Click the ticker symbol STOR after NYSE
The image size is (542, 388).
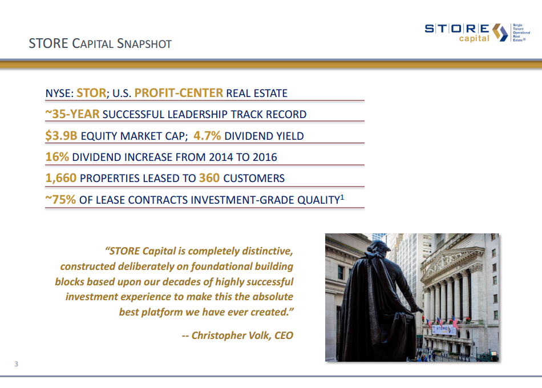click(91, 93)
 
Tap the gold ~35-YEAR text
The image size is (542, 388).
click(72, 114)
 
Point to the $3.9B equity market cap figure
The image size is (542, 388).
click(62, 136)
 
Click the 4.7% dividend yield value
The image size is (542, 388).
click(207, 136)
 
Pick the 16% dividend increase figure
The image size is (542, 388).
click(57, 157)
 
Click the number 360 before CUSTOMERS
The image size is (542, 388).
click(209, 178)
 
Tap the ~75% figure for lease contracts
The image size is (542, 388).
click(60, 200)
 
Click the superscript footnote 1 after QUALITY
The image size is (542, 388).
click(342, 196)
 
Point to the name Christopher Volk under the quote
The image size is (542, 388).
click(230, 335)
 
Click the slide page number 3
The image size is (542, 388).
click(17, 364)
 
